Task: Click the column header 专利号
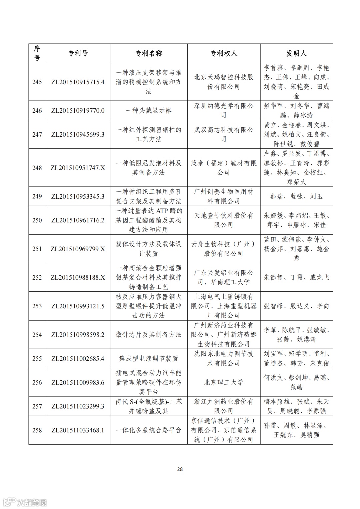point(78,53)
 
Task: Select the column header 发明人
point(296,53)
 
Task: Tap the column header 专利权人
point(223,53)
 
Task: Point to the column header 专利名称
point(148,53)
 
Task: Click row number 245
point(37,82)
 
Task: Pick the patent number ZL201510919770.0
point(78,111)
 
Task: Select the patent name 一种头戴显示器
point(148,111)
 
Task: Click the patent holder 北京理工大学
point(223,382)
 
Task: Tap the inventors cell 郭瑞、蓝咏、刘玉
point(296,197)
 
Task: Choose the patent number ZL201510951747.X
point(78,168)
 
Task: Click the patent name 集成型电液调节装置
point(148,359)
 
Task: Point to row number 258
point(37,430)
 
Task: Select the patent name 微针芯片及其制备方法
point(148,335)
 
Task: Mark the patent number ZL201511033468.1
point(78,430)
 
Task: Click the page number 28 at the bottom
point(180,469)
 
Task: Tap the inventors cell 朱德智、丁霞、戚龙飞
point(296,278)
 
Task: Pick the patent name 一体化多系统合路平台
point(148,430)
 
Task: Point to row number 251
point(37,249)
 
